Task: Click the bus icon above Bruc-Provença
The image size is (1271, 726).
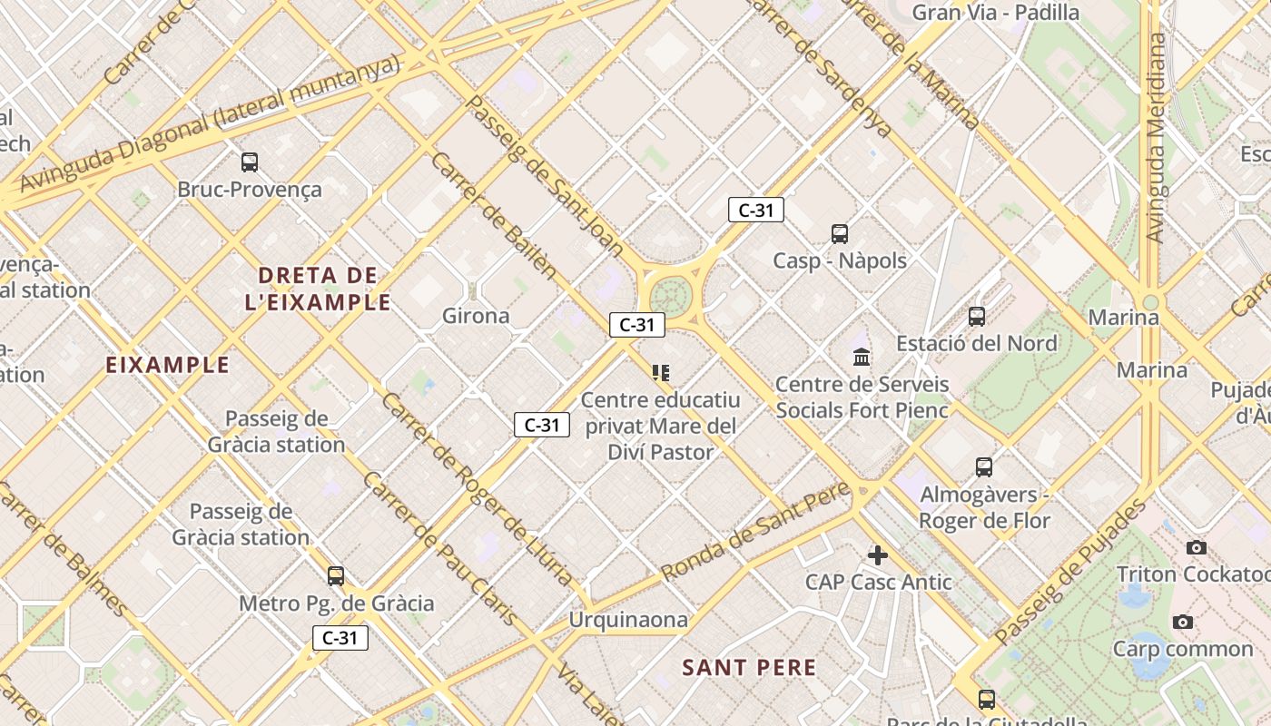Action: coord(250,162)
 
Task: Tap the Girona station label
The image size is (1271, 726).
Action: coord(476,316)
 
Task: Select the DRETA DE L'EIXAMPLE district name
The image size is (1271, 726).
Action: coord(317,289)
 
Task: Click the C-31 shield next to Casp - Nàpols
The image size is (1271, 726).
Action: coord(755,211)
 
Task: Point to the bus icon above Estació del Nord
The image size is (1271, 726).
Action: coord(977,317)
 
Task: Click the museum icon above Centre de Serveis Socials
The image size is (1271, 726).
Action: coord(862,357)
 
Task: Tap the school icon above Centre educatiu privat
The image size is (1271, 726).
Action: coord(661,373)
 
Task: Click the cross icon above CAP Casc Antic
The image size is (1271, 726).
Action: coord(878,554)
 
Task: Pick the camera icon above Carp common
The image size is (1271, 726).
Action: coord(1182,622)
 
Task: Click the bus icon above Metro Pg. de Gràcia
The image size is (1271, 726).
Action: coord(336,576)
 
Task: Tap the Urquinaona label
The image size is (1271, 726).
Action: coord(628,620)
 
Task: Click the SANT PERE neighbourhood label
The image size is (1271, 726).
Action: coord(749,668)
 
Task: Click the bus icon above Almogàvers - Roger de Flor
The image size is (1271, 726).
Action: coord(984,467)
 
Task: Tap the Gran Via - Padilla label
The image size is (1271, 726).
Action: coord(995,13)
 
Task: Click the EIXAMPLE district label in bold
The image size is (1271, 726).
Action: coord(168,365)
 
